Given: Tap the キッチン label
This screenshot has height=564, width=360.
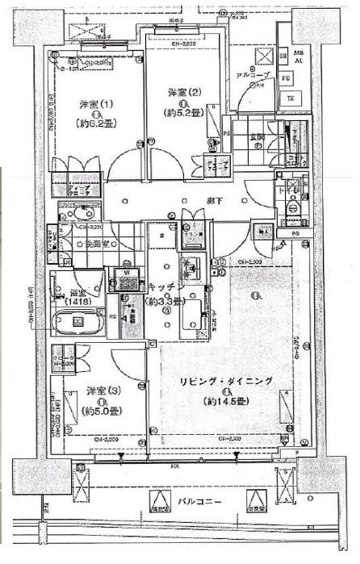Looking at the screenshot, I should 167,287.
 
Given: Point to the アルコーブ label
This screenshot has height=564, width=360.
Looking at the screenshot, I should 253,74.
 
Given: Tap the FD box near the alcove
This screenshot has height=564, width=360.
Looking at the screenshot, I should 286,79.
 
